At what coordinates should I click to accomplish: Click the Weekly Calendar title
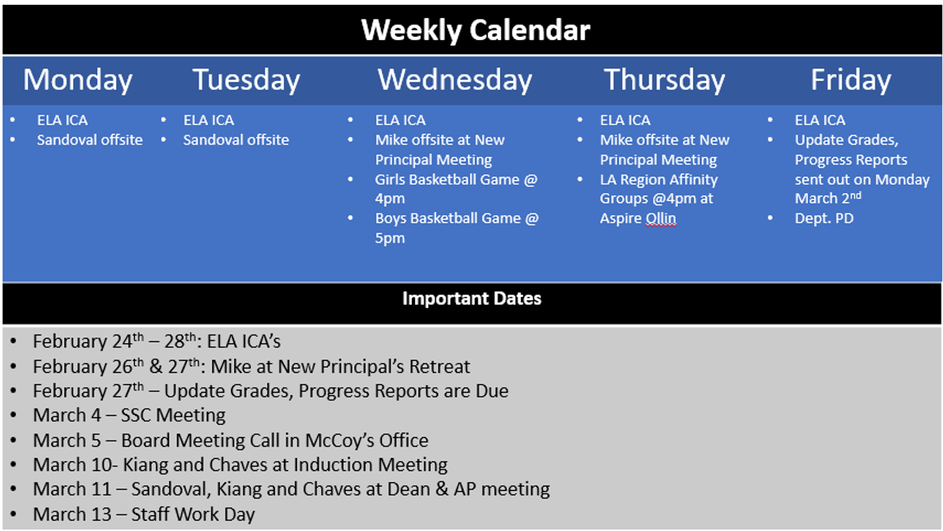point(475,31)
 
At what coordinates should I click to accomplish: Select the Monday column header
point(78,80)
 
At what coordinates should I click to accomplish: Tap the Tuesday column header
point(246,80)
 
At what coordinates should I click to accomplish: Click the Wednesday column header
point(455,80)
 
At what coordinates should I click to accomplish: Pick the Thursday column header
point(664,80)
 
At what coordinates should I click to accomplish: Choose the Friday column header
point(851,80)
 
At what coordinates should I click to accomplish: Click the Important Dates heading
point(472,298)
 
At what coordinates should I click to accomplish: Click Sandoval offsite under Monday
point(90,140)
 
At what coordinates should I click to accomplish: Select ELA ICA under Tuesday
point(208,120)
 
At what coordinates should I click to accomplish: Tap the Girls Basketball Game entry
point(457,189)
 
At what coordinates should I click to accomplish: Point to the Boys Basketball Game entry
point(457,228)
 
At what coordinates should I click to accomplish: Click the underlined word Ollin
point(661,218)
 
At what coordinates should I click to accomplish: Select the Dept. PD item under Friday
point(824,218)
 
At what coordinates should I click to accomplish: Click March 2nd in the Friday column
point(828,198)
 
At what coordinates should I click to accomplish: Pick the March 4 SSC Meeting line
point(129,416)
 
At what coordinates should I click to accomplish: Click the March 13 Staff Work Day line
point(144,515)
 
